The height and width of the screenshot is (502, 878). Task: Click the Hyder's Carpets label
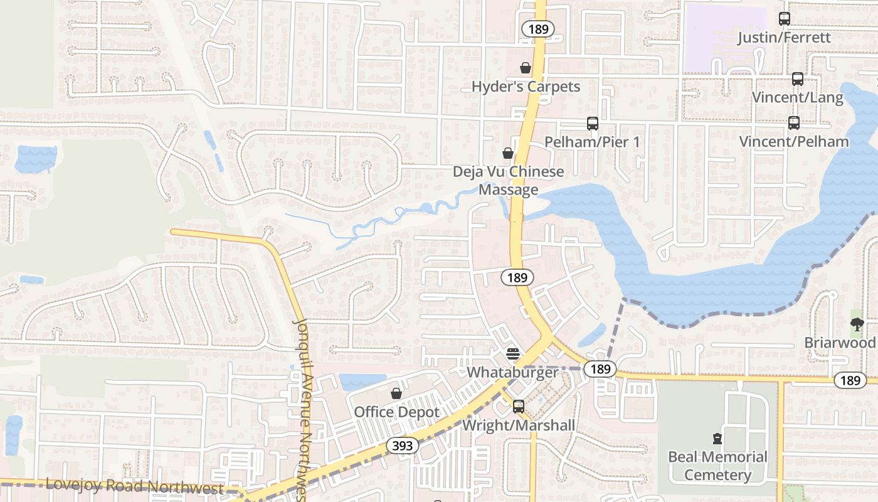click(526, 87)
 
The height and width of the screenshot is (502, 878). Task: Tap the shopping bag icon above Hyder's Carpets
click(526, 68)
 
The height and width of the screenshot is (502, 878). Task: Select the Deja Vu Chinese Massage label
click(509, 181)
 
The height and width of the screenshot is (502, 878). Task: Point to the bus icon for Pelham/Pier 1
click(592, 124)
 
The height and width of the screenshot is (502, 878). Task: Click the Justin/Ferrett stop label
click(784, 38)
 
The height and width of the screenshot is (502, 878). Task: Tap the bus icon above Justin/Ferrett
click(784, 19)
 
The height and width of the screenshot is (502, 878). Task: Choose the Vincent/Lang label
click(797, 97)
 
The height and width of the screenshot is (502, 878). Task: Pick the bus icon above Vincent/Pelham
click(794, 123)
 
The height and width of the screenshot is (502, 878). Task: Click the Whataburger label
click(512, 372)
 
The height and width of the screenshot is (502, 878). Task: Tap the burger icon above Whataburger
click(512, 354)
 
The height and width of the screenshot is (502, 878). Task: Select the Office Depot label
click(396, 412)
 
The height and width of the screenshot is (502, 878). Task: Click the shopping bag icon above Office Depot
click(396, 393)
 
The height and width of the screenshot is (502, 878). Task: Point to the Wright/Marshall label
click(518, 425)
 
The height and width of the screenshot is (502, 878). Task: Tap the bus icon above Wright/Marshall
click(518, 407)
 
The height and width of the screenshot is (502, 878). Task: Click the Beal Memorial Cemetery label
click(717, 466)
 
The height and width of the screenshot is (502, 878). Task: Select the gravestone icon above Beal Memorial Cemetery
click(717, 438)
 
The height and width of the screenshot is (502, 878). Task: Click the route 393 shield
click(401, 446)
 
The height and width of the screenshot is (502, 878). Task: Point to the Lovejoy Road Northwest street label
click(135, 486)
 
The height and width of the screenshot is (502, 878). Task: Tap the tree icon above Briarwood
click(857, 324)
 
